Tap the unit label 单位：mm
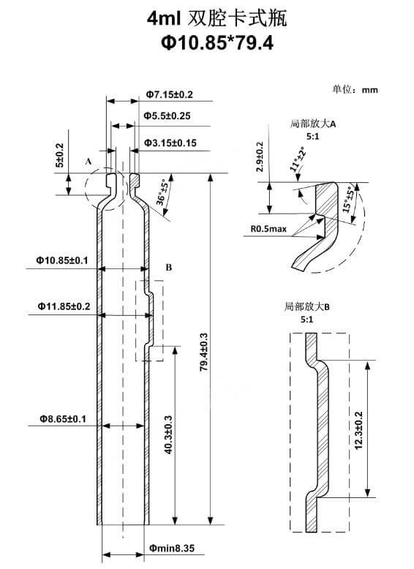pyautogui.click(x=355, y=90)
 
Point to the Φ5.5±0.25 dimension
pyautogui.click(x=167, y=116)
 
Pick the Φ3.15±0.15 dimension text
pyautogui.click(x=170, y=143)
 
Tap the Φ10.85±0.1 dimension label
pyautogui.click(x=62, y=260)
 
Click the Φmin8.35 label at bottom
pyautogui.click(x=172, y=547)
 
